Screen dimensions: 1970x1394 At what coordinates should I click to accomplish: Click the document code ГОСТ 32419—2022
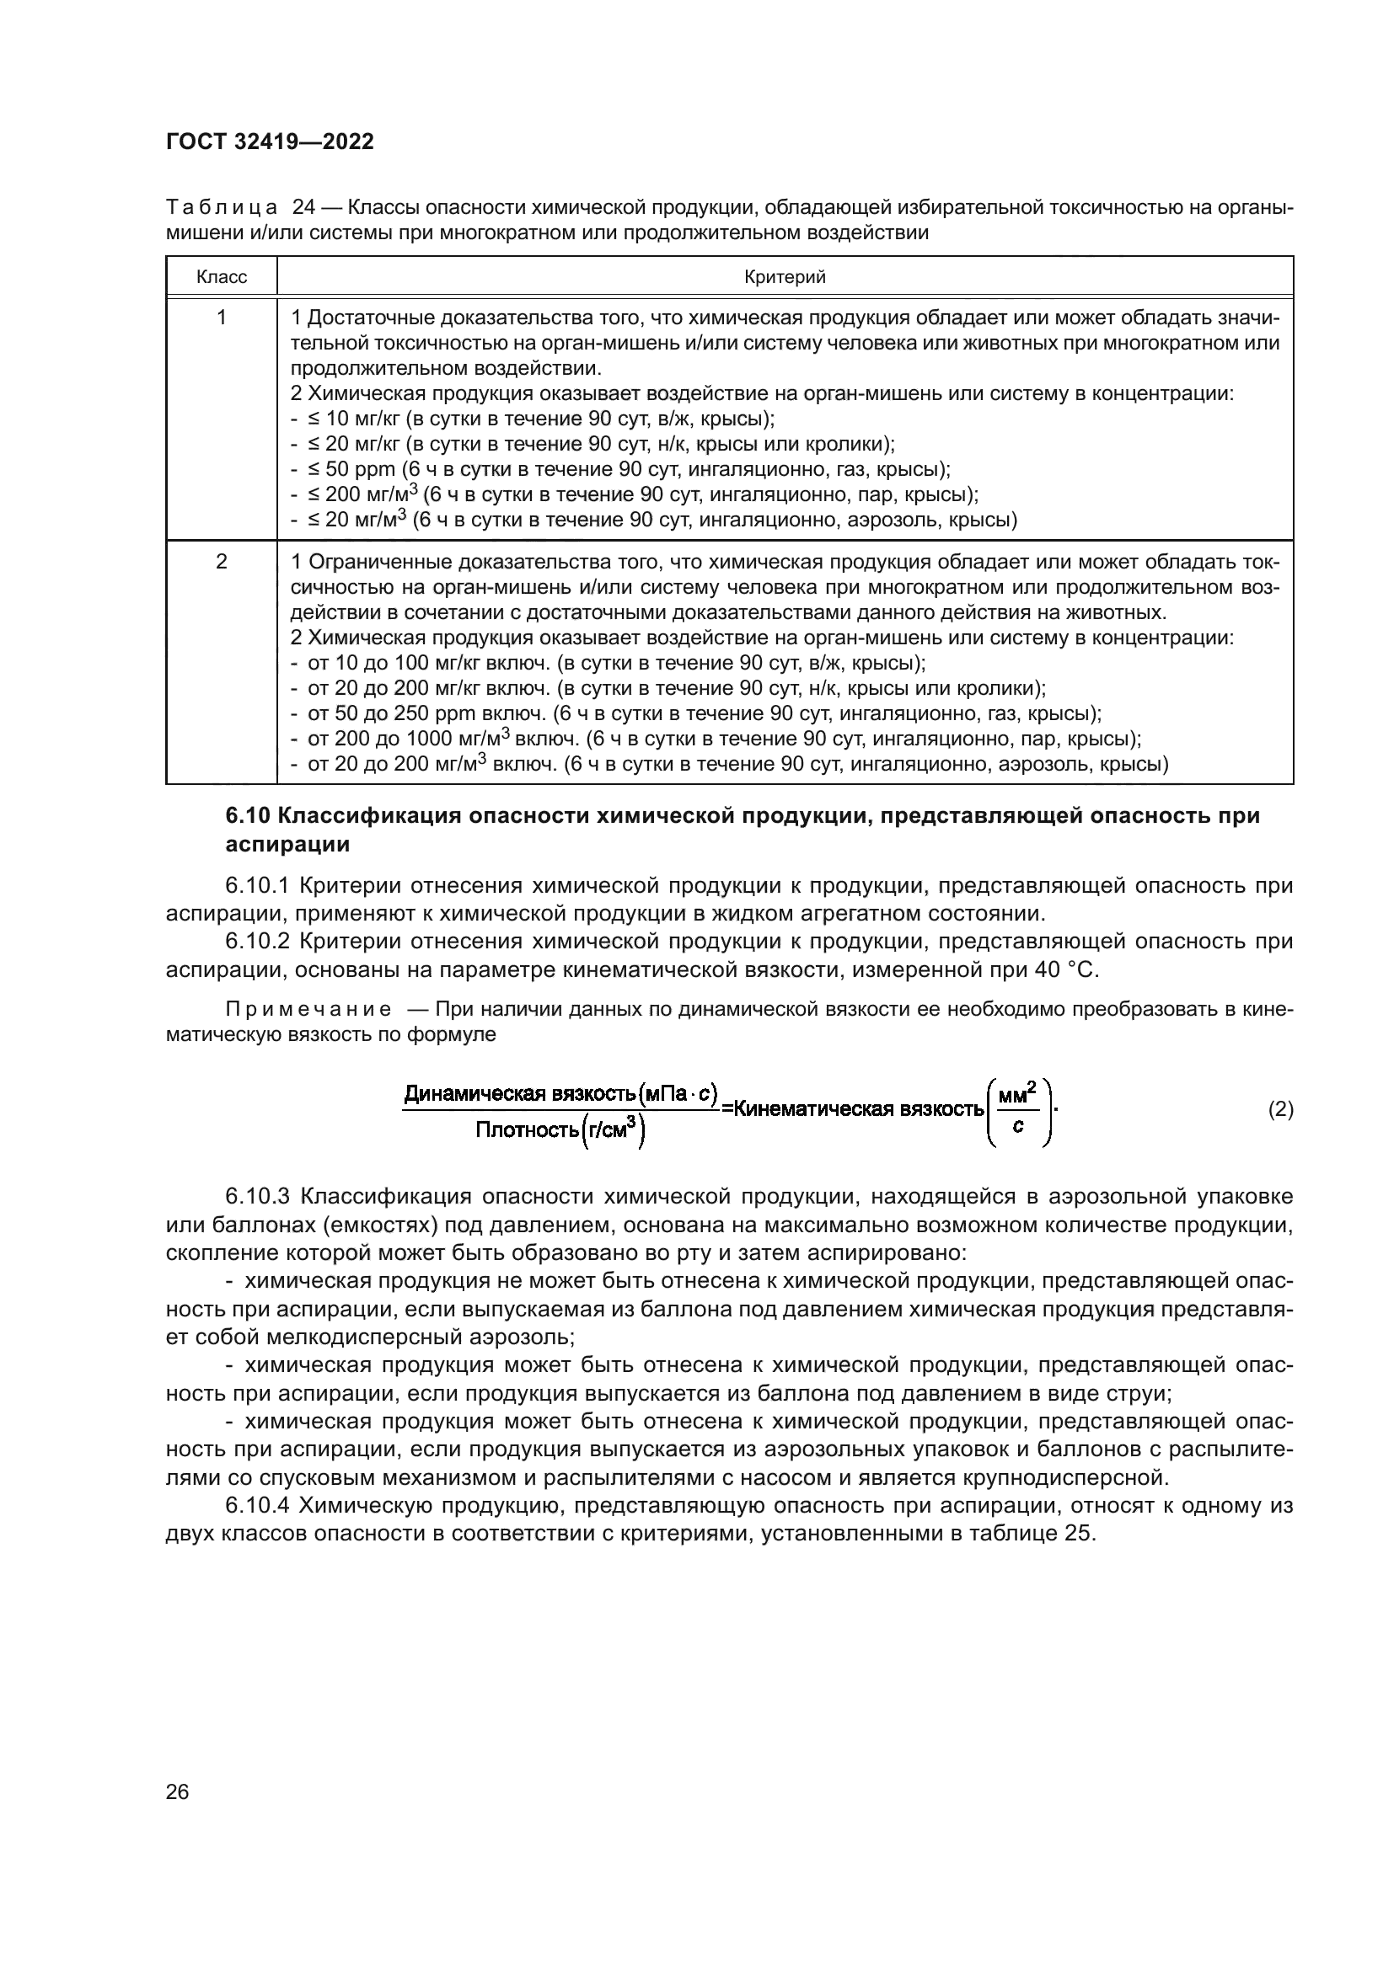point(270,142)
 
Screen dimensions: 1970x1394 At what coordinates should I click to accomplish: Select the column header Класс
point(222,277)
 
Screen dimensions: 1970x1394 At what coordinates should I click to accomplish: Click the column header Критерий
point(785,277)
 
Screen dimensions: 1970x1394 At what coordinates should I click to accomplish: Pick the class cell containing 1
point(222,318)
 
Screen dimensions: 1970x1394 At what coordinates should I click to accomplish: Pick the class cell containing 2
point(222,562)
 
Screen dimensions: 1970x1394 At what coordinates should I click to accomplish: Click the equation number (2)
point(1280,1110)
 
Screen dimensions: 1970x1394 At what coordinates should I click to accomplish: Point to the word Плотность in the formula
point(527,1131)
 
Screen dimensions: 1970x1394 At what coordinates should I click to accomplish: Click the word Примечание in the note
point(308,1010)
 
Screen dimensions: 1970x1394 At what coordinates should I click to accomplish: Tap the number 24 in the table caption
point(304,208)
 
